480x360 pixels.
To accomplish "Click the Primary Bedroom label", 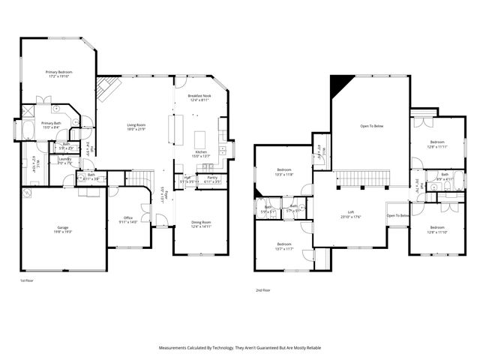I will (58, 73).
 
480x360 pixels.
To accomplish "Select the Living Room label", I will (136, 127).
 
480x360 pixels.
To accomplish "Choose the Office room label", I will (127, 220).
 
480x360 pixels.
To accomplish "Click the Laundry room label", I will (64, 160).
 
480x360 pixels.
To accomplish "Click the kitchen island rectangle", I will (200, 139).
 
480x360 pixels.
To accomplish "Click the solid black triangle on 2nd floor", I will (340, 83).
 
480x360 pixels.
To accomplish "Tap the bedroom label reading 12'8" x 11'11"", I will (437, 144).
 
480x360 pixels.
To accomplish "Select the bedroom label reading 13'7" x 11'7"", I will (283, 246).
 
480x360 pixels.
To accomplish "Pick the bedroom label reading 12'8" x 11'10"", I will (436, 229).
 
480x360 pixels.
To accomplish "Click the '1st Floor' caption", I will (27, 280).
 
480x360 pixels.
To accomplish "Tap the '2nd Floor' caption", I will (262, 289).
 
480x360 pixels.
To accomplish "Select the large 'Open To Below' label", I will (371, 126).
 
